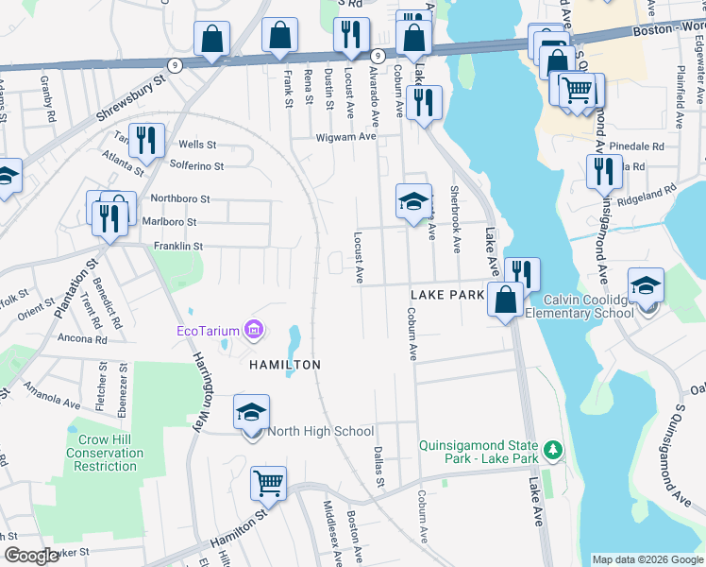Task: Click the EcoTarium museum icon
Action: point(253,330)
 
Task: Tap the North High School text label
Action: point(321,432)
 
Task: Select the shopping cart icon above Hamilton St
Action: point(269,485)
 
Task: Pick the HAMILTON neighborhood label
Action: point(284,364)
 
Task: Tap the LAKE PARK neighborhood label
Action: point(446,296)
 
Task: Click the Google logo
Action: point(31,556)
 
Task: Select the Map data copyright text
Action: point(647,559)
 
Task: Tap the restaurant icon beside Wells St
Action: point(146,142)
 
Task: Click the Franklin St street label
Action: point(178,246)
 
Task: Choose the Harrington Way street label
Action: point(205,382)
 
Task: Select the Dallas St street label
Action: point(379,467)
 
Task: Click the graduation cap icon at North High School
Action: point(252,413)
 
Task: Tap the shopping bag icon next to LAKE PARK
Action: point(506,300)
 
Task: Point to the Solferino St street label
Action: point(196,166)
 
